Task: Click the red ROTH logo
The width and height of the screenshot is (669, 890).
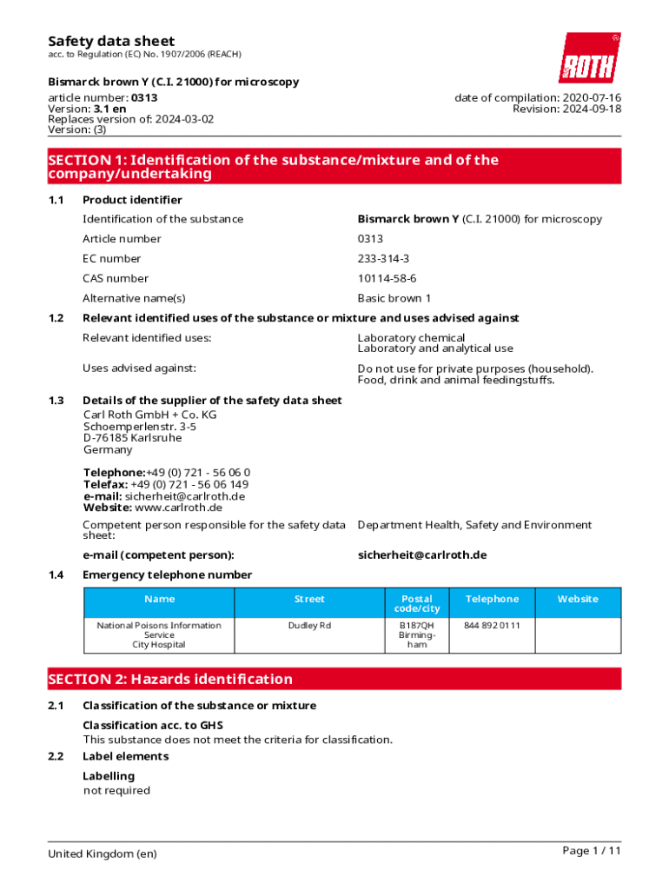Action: (589, 58)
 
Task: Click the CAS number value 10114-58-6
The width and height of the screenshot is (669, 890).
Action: (387, 278)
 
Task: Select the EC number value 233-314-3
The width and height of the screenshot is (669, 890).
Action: (383, 258)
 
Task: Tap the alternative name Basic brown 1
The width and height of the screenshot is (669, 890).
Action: (394, 298)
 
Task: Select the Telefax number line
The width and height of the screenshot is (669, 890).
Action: (166, 484)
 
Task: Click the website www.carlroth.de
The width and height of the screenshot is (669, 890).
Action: (178, 508)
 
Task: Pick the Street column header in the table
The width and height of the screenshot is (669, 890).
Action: (309, 599)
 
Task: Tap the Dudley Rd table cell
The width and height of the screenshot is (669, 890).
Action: (309, 626)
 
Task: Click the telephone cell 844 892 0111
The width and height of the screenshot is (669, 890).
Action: (492, 626)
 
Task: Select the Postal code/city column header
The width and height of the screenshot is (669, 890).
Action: (417, 604)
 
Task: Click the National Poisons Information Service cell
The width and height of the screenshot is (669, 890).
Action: (159, 634)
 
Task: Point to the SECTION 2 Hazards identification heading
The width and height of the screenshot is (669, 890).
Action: (170, 679)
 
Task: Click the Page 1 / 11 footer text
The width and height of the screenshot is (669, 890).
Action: (592, 851)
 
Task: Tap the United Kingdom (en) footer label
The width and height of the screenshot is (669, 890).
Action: (103, 853)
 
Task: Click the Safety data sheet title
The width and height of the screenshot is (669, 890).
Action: (111, 41)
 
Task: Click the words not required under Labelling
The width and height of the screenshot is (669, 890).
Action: (116, 790)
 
